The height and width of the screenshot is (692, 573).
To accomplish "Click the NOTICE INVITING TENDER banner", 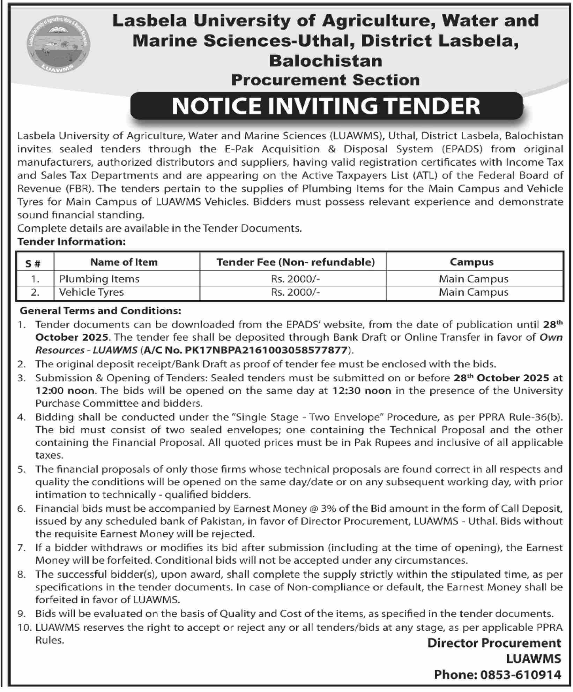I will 326,106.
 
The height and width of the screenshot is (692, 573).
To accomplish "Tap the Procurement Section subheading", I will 325,80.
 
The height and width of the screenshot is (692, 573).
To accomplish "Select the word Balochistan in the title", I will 326,61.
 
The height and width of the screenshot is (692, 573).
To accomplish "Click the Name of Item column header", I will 124,262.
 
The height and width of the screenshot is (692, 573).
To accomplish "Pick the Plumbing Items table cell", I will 99,279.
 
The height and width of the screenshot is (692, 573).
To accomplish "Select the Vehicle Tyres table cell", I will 91,292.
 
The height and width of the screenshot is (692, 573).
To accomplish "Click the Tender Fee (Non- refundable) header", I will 296,262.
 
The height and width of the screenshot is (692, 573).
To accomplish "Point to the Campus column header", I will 471,262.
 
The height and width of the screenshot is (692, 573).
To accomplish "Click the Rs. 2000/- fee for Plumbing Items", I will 296,279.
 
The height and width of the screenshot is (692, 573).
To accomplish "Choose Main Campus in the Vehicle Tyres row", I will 474,292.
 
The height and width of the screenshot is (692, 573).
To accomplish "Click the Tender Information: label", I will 72,241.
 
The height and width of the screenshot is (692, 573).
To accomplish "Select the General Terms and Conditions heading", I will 101,310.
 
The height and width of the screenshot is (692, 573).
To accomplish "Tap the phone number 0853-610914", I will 520,675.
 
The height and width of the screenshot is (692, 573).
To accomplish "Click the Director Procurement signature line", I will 494,643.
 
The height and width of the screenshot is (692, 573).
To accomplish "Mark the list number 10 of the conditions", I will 24,627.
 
